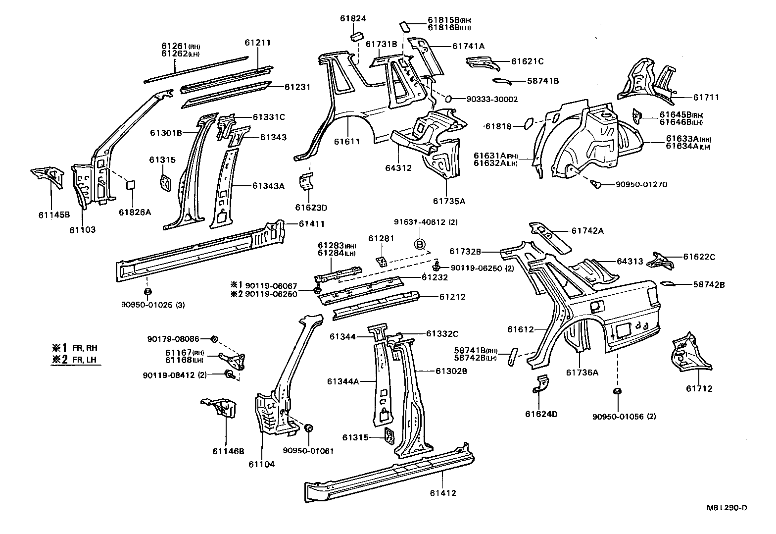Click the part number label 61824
point(353,18)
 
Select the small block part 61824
point(357,37)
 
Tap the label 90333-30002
point(491,99)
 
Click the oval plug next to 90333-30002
point(449,99)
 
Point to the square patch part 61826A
point(131,184)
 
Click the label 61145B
point(54,214)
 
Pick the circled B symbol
point(419,244)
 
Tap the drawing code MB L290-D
point(726,507)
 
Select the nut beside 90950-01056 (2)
point(617,392)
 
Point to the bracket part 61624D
point(542,384)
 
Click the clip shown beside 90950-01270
point(598,184)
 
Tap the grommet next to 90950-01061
point(308,428)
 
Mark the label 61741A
point(468,46)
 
